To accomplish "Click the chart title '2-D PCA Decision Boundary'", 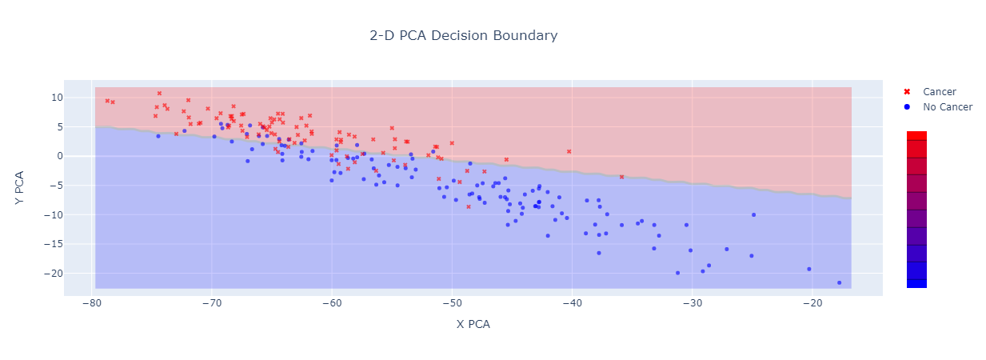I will (x=463, y=36).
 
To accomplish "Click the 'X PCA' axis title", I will (x=473, y=324).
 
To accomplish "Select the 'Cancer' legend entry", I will (x=939, y=92).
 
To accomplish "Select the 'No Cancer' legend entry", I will (x=947, y=106).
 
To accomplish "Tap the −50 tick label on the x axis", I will (x=452, y=303).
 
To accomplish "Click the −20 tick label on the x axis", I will (x=812, y=303).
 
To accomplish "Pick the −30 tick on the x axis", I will (x=692, y=303).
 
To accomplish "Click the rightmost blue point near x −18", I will (x=839, y=282).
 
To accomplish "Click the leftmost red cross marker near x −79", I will (x=107, y=101).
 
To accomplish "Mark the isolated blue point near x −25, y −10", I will (x=753, y=214).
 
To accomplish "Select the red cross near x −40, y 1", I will (x=569, y=151).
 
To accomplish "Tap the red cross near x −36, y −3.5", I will (x=621, y=177).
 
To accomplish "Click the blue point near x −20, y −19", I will (x=808, y=269).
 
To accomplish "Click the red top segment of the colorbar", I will (x=916, y=135).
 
